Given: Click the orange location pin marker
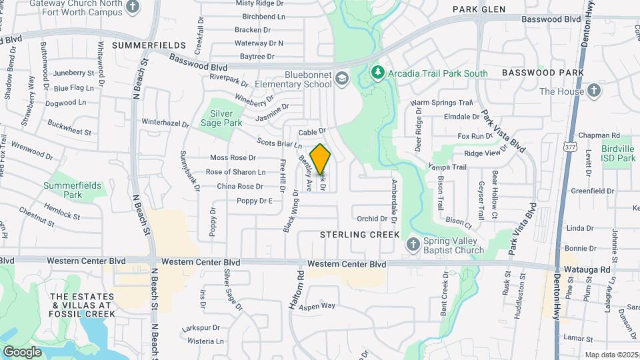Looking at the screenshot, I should point(320,159).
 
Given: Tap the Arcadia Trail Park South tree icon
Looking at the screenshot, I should point(377,72).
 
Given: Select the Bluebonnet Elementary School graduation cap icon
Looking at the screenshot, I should point(342,79).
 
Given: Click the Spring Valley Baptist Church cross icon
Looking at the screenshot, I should point(413,245).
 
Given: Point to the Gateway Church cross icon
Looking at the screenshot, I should point(133,6).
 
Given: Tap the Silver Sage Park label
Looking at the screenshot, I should point(222,118).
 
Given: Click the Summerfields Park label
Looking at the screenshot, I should point(63,190).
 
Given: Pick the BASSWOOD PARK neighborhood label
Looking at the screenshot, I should point(543,72).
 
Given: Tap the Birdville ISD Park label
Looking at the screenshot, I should point(616,153).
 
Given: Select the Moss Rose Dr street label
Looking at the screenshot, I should point(233,158).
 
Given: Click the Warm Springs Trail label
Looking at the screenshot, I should point(441,103).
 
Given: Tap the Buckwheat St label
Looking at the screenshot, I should point(69,128).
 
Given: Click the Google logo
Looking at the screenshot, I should point(22,351).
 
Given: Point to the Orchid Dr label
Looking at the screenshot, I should point(372,218).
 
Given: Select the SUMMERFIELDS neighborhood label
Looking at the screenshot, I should point(149,45).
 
